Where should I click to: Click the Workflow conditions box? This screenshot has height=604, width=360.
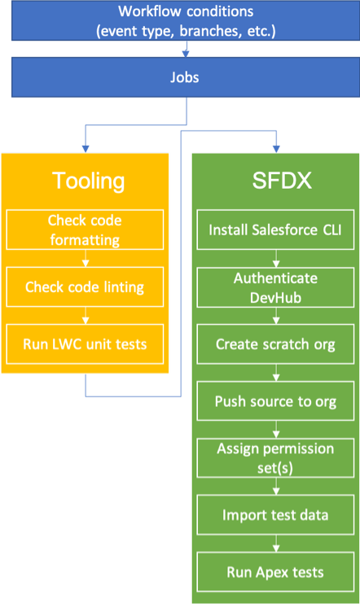click(x=186, y=20)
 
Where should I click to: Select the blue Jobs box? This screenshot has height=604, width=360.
click(x=186, y=77)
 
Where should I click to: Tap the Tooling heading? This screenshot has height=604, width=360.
click(x=89, y=181)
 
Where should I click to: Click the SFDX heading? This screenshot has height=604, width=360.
click(x=282, y=180)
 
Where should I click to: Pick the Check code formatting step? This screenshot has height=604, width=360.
click(x=85, y=230)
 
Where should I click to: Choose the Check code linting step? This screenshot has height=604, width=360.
click(x=85, y=287)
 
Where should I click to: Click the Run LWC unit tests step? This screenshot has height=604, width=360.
click(x=85, y=344)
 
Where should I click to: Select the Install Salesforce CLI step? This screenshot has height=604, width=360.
click(x=275, y=230)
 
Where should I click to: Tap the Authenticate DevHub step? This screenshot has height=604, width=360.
click(x=275, y=287)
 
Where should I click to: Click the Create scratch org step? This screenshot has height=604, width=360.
click(x=275, y=344)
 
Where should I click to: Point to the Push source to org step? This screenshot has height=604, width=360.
click(x=275, y=401)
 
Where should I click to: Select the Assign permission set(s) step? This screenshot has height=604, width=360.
click(x=275, y=458)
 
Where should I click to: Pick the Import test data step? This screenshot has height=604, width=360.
click(x=275, y=515)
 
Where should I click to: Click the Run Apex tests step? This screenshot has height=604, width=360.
click(x=275, y=572)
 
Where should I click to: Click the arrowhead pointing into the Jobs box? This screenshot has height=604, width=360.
click(x=186, y=54)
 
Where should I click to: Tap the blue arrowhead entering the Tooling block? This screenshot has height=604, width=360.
click(x=86, y=149)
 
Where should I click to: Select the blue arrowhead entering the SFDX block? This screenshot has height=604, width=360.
click(x=276, y=149)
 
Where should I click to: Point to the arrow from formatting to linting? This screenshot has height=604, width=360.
click(x=86, y=258)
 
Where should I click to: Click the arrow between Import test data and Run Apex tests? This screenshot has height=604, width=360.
click(x=276, y=543)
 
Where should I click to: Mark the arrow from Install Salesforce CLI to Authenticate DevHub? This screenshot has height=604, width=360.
click(x=276, y=259)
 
